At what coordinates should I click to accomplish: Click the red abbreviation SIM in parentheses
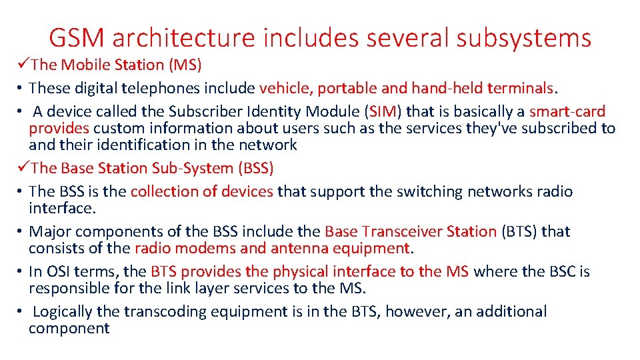point(383,111)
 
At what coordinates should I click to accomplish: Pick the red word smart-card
point(567,111)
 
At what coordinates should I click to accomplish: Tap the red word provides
point(59,128)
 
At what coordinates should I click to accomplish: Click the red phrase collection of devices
point(202,191)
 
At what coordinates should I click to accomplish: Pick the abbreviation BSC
point(561,271)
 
